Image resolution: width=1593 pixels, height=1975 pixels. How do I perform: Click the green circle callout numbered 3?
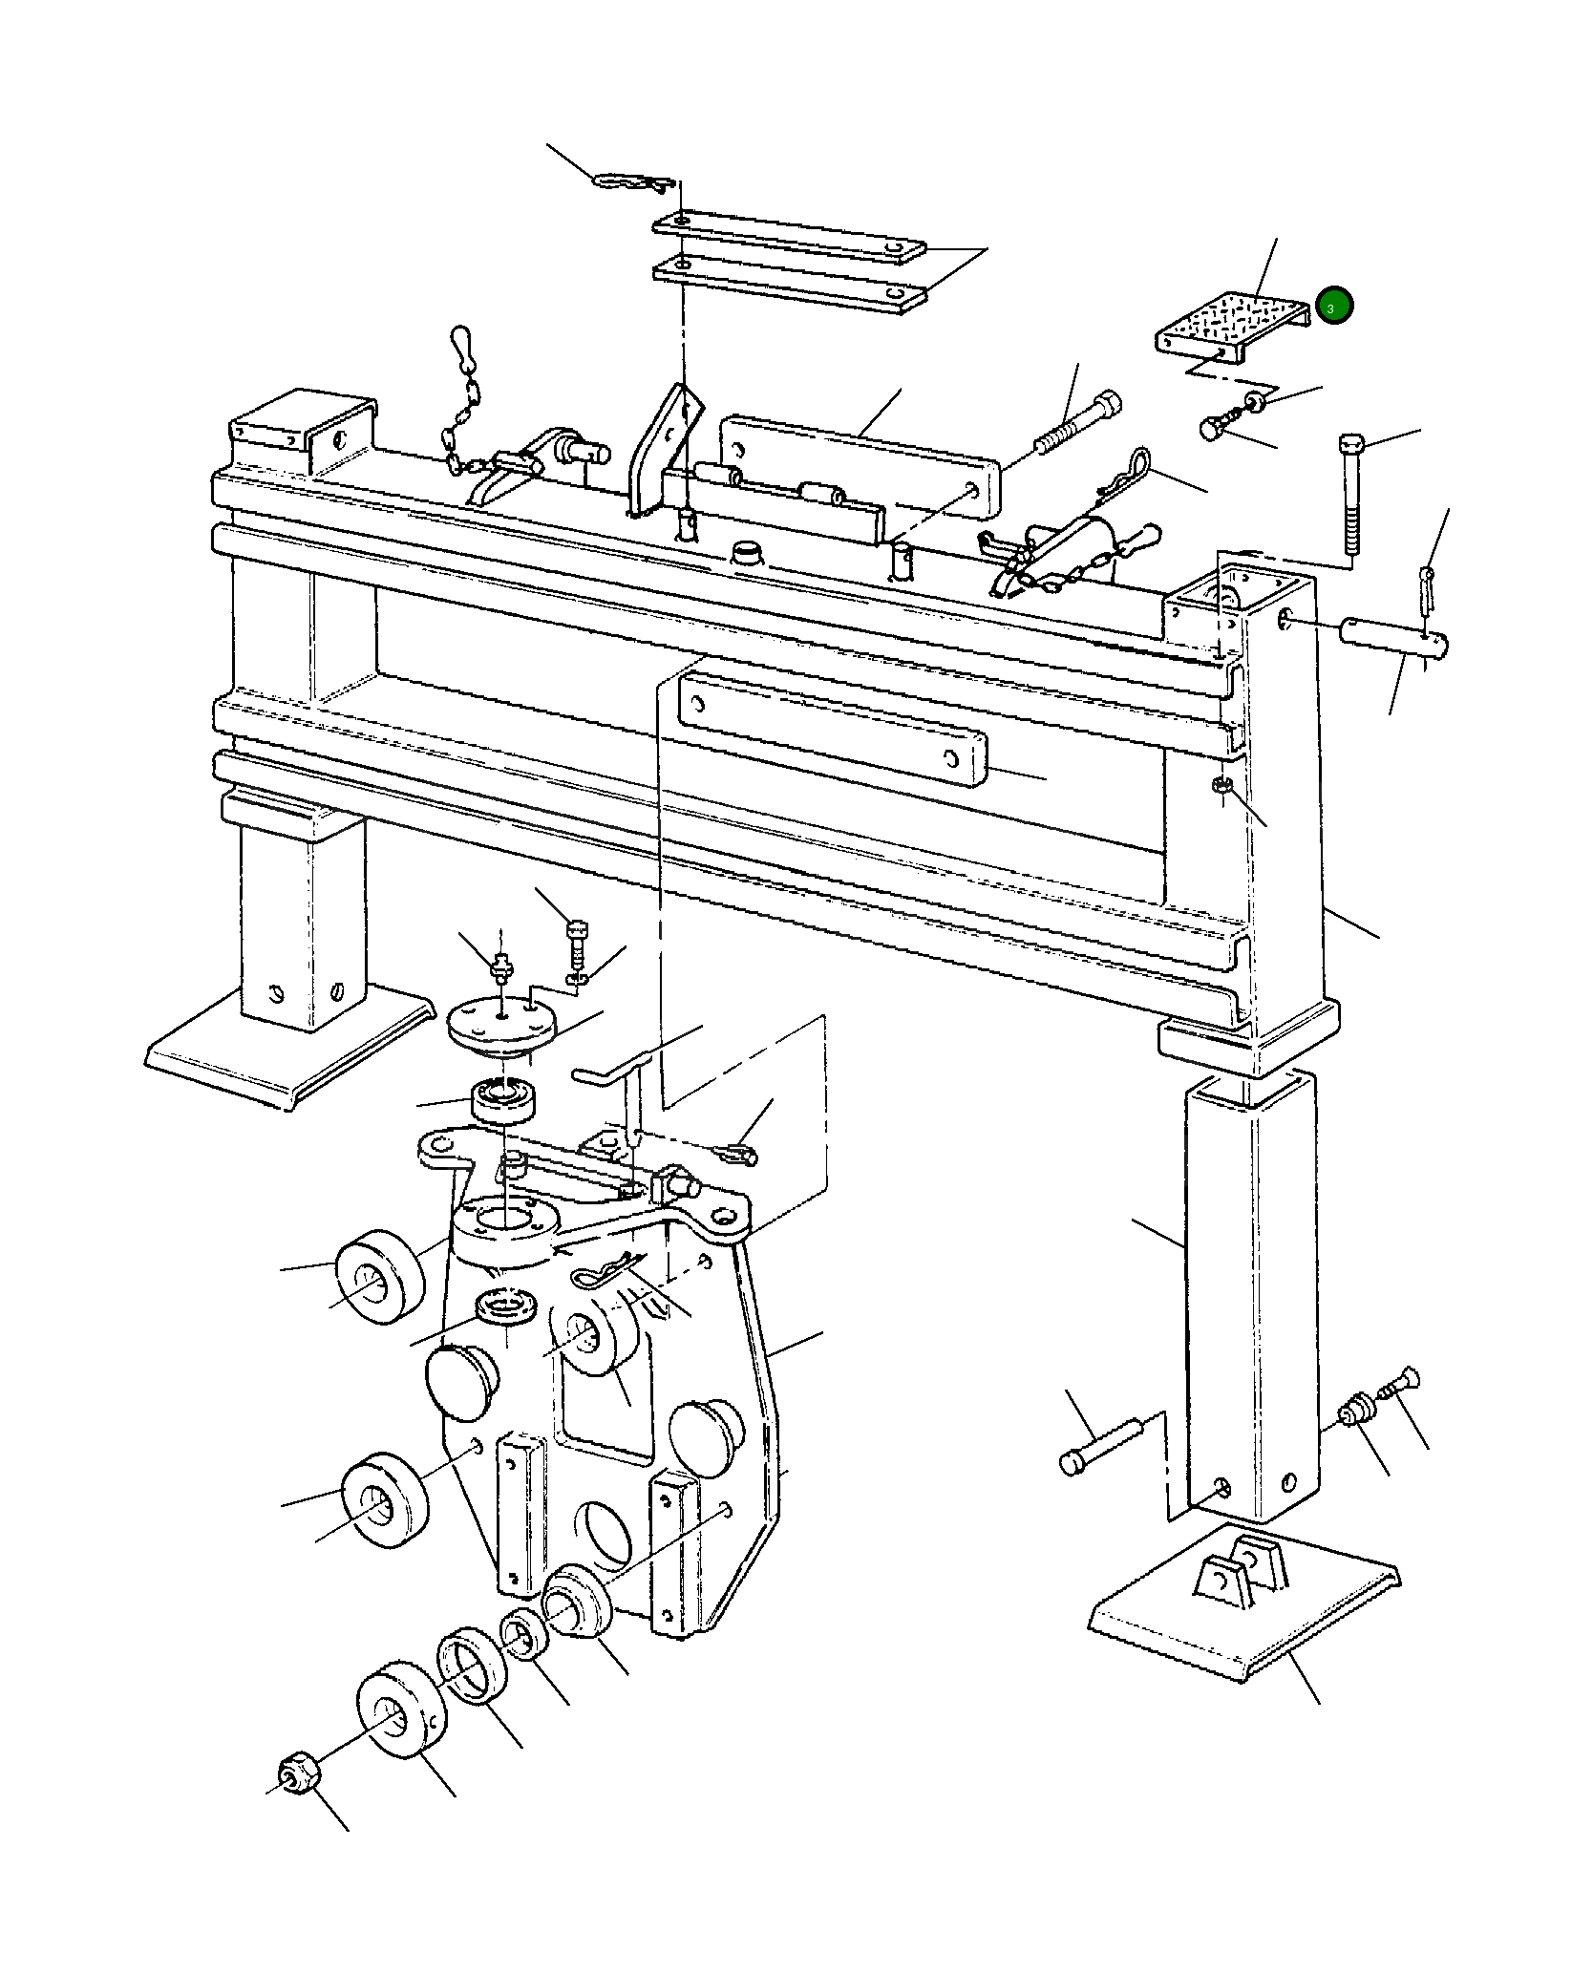pyautogui.click(x=1333, y=306)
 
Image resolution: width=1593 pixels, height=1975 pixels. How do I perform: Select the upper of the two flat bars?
pyautogui.click(x=789, y=238)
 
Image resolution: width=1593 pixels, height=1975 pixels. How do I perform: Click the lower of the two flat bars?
pyautogui.click(x=789, y=285)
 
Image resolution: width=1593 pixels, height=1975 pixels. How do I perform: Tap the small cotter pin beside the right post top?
pyautogui.click(x=1427, y=590)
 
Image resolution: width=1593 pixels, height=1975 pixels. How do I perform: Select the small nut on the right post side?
pyautogui.click(x=1221, y=786)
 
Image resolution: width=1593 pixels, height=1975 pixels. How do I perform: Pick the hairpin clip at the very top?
pyautogui.click(x=632, y=181)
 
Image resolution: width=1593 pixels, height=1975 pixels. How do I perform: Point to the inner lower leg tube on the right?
pyautogui.click(x=1249, y=1299)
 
